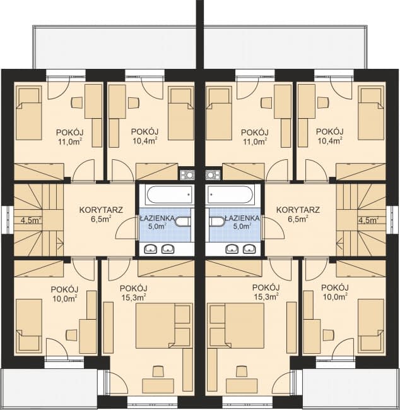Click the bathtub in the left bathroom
tap(170, 195)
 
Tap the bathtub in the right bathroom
tap(230, 195)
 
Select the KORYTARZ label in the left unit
tap(101, 210)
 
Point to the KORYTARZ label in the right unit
tap(298, 210)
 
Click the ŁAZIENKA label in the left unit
tap(157, 218)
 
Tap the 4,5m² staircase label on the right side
tap(368, 220)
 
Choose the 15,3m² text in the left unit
tap(133, 298)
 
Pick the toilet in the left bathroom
tap(184, 222)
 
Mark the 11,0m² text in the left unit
tap(70, 142)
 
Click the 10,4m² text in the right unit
tap(331, 141)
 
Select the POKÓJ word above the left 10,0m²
tap(64, 289)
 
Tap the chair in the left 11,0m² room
tap(77, 102)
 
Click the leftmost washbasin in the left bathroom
tap(151, 249)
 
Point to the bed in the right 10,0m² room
tap(371, 325)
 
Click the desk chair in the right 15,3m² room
tap(242, 371)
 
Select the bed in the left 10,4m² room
tap(180, 114)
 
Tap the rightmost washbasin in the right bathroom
tap(249, 249)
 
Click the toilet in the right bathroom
tap(217, 222)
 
